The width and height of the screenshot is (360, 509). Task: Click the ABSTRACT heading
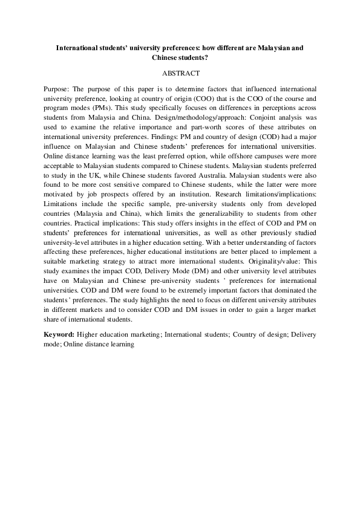point(180,74)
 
